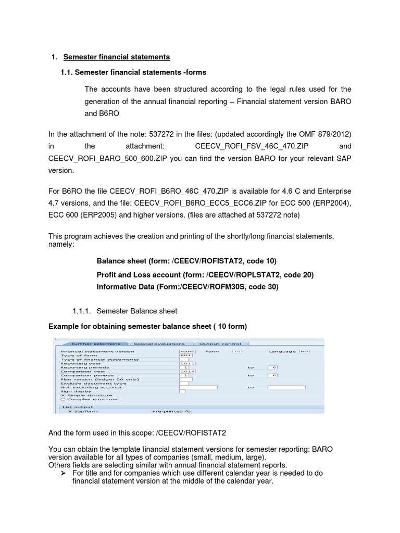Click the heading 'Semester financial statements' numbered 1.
coord(116,56)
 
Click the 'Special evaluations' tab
coord(159,344)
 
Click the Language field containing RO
coord(304,351)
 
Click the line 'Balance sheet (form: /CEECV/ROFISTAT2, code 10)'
coord(186,261)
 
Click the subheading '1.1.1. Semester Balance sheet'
coord(125,311)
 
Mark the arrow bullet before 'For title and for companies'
coord(63,472)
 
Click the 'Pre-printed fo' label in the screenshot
coord(171,411)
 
